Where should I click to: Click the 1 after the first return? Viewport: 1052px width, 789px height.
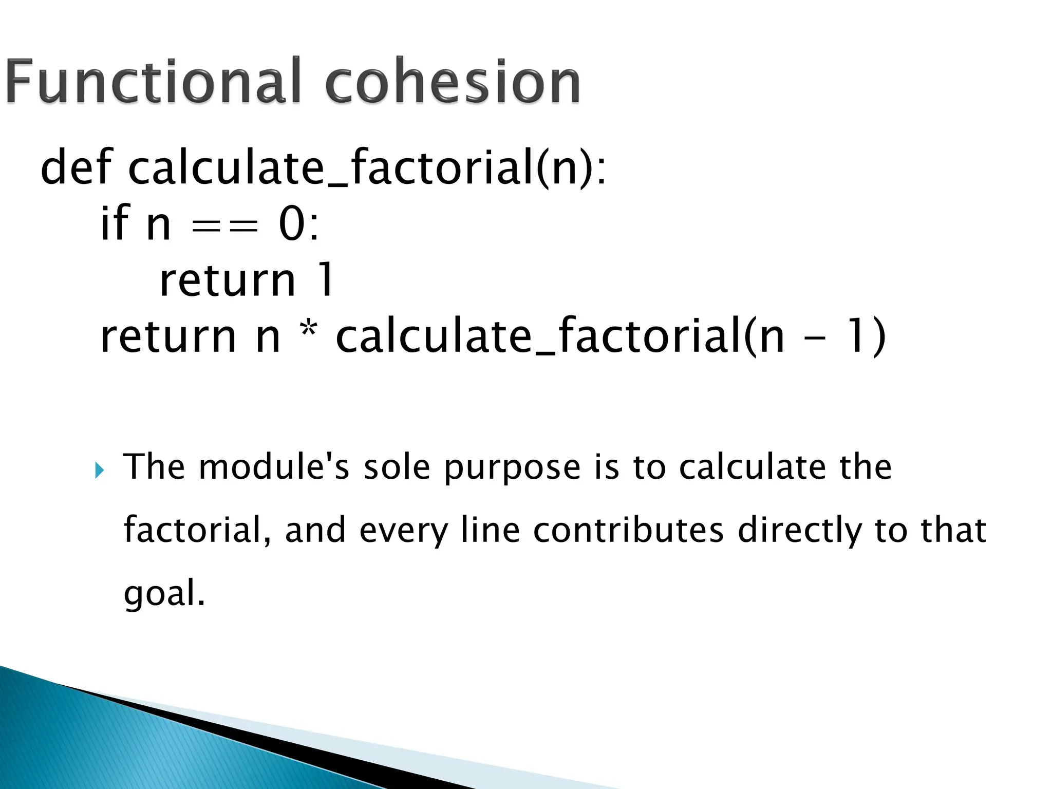(326, 280)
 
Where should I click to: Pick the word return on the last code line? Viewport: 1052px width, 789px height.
(167, 336)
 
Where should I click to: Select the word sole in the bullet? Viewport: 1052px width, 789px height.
(397, 467)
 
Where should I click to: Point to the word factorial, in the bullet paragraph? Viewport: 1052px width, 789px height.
(197, 530)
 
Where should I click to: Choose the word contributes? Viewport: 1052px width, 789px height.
(628, 530)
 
